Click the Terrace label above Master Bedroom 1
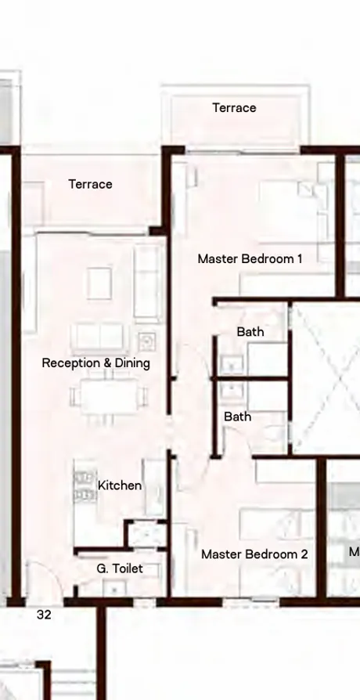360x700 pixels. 234,108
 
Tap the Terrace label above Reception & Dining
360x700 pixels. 90,185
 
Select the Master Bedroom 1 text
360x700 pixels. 250,258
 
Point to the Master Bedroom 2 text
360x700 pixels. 254,554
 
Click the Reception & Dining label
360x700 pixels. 95,363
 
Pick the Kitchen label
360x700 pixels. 120,485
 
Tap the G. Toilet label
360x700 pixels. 120,568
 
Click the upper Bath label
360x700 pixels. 250,332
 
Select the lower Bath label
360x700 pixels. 238,417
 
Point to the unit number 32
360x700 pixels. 44,615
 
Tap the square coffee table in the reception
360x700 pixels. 99,283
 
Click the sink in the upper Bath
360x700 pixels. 232,364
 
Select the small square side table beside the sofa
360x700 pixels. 147,341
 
